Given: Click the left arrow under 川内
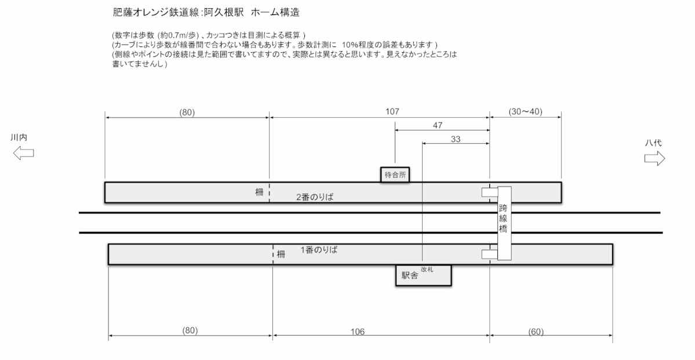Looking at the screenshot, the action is click(23, 154).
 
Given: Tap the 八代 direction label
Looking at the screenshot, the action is click(653, 143).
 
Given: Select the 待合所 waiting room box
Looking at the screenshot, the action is click(395, 174).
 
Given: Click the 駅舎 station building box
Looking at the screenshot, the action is click(423, 276).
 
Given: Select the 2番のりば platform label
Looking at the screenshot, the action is click(315, 197).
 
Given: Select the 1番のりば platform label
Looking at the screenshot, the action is click(319, 250).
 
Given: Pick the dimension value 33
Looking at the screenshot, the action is click(456, 139).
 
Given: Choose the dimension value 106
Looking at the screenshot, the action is click(358, 331).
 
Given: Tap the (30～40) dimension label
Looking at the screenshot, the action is click(525, 111).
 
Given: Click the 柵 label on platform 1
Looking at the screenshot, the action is click(281, 254).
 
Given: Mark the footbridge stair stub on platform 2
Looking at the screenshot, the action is click(489, 192).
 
